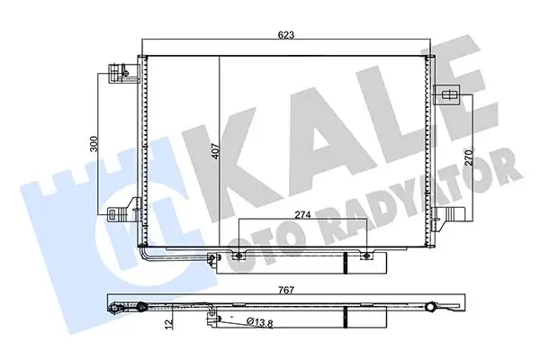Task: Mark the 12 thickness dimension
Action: coord(170,321)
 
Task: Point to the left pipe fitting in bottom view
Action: coord(114,310)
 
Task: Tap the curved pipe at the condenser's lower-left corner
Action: coord(148,252)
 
